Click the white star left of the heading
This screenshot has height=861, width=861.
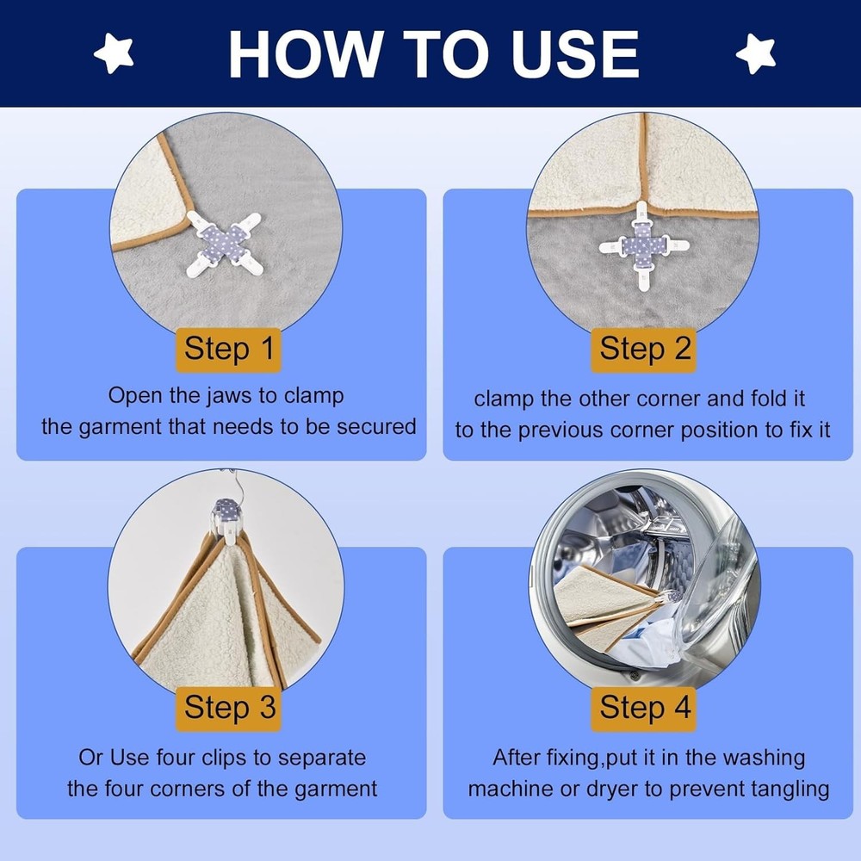point(114,53)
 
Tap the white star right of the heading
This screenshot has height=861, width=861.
point(756,53)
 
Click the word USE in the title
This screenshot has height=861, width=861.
point(575,53)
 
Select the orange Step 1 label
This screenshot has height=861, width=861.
point(228,350)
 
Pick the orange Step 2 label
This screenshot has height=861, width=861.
point(643,350)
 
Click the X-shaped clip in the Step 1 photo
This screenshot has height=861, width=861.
point(224,245)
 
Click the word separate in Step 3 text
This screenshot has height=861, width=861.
point(322,758)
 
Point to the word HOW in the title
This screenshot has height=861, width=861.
point(306,53)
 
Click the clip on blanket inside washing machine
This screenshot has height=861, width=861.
point(671,597)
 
